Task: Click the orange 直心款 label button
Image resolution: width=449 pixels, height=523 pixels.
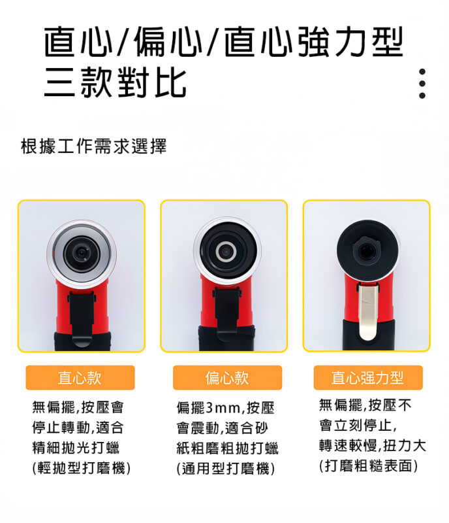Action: [x=80, y=378]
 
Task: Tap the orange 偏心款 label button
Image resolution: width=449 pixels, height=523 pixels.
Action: [x=228, y=378]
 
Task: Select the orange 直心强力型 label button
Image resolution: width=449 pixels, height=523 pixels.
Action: [x=368, y=378]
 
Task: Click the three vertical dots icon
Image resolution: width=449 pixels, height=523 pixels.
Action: [x=422, y=84]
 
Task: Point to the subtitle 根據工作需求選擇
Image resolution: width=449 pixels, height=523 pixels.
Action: [x=93, y=146]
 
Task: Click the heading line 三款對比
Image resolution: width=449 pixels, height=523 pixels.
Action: [x=116, y=82]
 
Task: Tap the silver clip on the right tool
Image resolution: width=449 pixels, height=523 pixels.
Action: [x=367, y=311]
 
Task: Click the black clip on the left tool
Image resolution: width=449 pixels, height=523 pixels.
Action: [x=82, y=318]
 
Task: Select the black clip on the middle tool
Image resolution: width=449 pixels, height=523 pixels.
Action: [x=226, y=309]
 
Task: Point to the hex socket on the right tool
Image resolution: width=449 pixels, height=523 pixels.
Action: [x=366, y=250]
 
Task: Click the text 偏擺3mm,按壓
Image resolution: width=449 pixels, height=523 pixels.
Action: [x=226, y=407]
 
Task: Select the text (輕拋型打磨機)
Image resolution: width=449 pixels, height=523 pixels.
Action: [x=82, y=468]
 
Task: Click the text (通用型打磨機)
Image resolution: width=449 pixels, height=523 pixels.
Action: [x=226, y=469]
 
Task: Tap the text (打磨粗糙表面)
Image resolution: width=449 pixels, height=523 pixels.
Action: [x=368, y=465]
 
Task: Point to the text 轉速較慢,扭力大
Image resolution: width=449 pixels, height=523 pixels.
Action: [x=373, y=446]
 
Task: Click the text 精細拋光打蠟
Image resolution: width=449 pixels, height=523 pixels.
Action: [x=76, y=448]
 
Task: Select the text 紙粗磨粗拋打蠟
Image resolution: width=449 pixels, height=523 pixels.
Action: [x=227, y=448]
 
